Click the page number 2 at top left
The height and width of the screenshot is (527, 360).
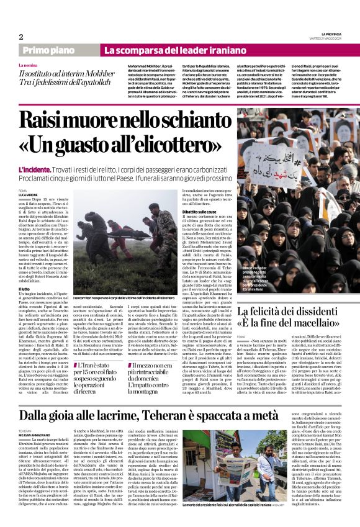pos(21,37)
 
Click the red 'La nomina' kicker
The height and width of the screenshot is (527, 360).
pos(29,65)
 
